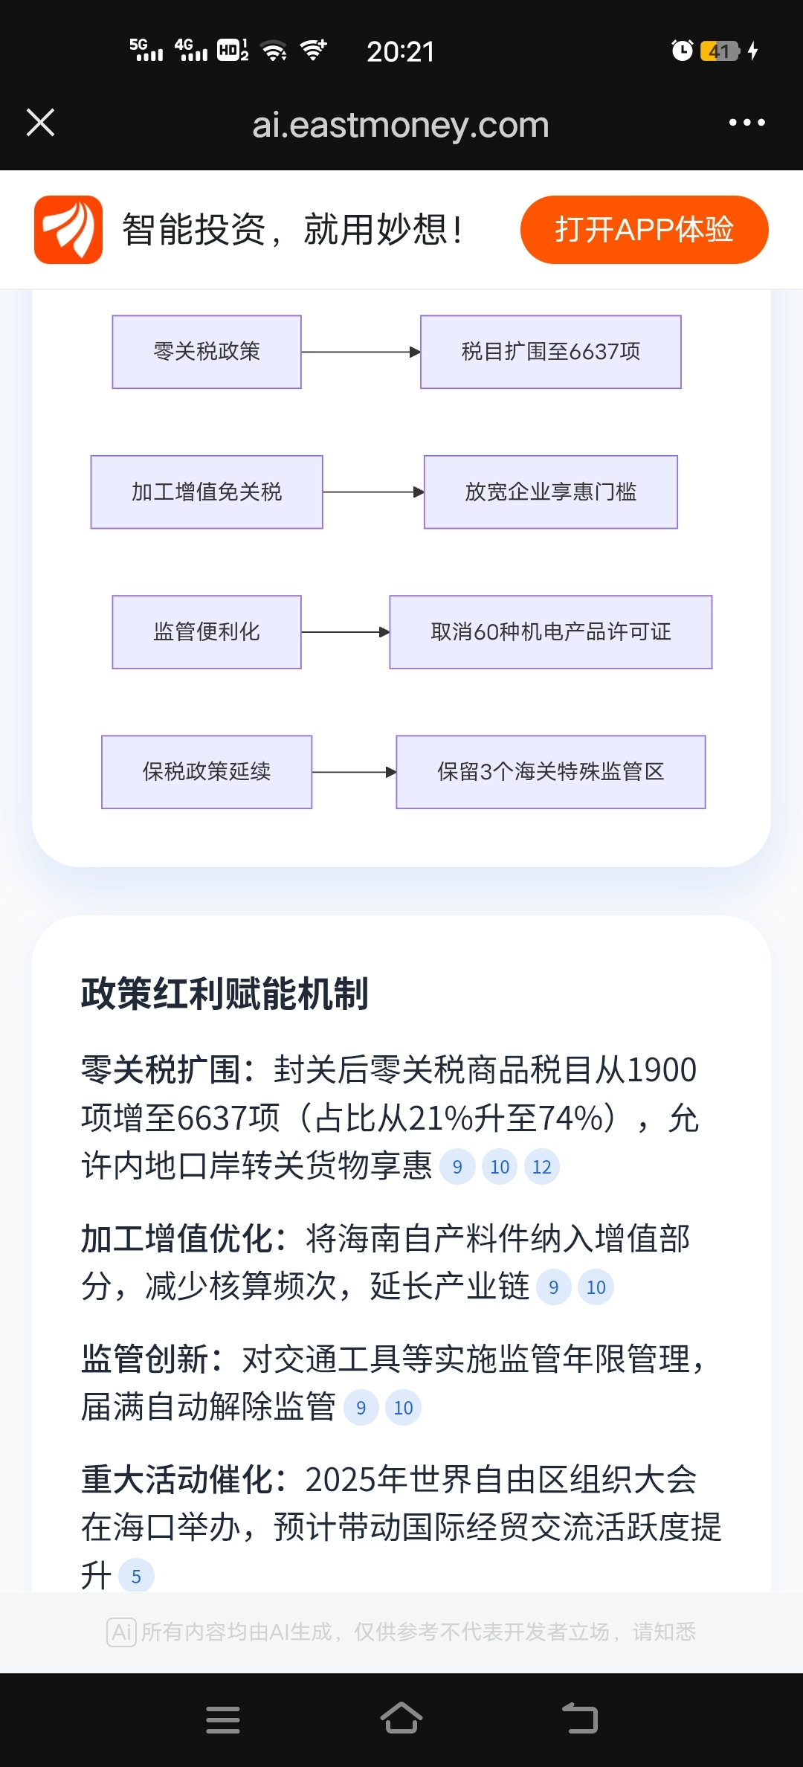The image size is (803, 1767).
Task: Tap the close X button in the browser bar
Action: (40, 123)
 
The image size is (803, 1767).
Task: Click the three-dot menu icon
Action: (746, 123)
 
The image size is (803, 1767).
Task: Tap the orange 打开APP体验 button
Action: (644, 229)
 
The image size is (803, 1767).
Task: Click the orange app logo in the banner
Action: (68, 229)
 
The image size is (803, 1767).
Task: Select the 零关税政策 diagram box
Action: (207, 352)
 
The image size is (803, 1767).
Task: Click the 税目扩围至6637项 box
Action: (550, 352)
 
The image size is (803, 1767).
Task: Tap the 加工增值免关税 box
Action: (207, 492)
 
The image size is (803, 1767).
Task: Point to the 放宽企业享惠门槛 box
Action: (550, 492)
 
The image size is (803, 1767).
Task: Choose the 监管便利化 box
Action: (207, 632)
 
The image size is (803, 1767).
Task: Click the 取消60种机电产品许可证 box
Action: (550, 632)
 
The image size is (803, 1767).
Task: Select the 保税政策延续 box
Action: (207, 772)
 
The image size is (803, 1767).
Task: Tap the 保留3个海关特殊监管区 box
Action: (550, 772)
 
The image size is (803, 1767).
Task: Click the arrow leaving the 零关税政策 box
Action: (361, 352)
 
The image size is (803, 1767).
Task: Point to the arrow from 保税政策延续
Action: (354, 772)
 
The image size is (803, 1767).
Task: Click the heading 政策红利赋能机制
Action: (225, 994)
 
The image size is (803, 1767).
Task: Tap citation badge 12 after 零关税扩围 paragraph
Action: (542, 1167)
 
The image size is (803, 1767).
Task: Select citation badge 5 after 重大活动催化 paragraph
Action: (136, 1576)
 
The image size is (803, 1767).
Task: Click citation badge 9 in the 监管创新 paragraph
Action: (361, 1408)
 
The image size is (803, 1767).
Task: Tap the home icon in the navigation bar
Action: (401, 1719)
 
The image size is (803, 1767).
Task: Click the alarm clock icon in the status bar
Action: (682, 51)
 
